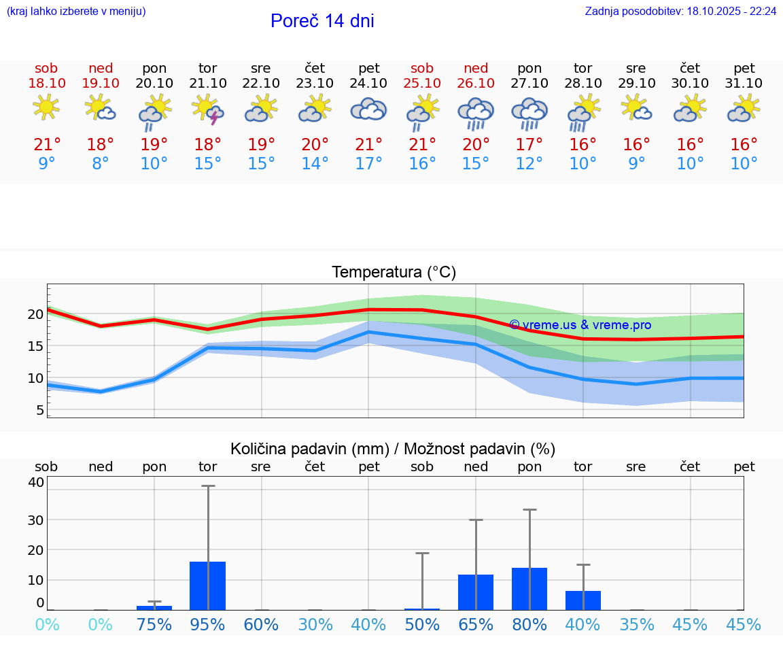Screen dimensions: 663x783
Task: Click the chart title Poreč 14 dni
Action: (x=322, y=21)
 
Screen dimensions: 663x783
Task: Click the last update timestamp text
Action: (x=680, y=11)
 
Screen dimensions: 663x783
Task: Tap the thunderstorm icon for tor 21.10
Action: (x=208, y=110)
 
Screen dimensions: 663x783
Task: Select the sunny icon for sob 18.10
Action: (x=46, y=107)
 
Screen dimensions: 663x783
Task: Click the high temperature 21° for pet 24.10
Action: (x=368, y=145)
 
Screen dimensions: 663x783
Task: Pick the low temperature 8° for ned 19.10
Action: (x=101, y=164)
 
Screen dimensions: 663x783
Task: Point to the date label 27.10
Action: (x=529, y=83)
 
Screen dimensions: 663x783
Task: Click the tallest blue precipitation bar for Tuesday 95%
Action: (x=208, y=585)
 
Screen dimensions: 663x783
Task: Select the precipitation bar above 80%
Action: (x=529, y=588)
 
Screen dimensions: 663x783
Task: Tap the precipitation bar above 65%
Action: (x=476, y=592)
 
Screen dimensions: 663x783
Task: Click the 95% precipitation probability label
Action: (x=208, y=625)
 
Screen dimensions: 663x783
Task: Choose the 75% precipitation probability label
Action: (x=154, y=625)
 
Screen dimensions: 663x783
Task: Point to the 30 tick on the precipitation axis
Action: (x=35, y=520)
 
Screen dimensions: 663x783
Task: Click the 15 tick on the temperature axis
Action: (x=35, y=346)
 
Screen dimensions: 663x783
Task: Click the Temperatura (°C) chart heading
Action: (x=394, y=273)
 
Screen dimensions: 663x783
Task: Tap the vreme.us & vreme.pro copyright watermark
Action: (x=580, y=325)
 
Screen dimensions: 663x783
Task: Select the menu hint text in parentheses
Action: (x=76, y=11)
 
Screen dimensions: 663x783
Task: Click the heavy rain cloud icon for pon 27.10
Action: (x=529, y=113)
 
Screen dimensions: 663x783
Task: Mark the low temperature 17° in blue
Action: (x=368, y=164)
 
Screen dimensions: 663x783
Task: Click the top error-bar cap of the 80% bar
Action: (x=529, y=509)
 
